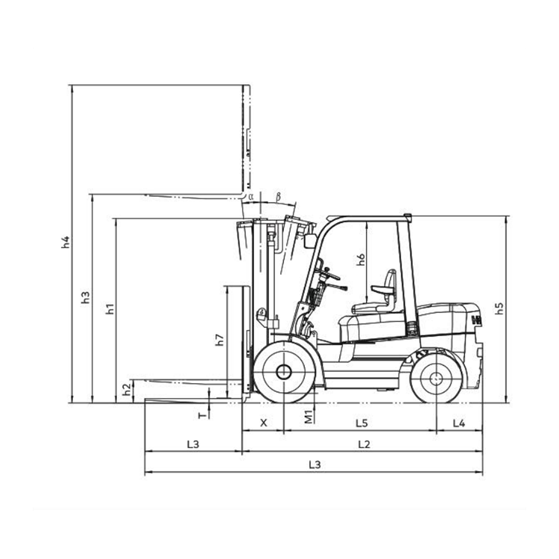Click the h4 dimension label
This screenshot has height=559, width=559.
66,242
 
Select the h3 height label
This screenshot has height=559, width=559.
86,297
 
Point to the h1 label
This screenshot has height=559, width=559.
110,309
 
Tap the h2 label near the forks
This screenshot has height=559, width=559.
127,390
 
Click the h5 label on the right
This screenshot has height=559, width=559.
499,309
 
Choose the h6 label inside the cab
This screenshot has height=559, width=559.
361,259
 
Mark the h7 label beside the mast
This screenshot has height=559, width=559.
220,340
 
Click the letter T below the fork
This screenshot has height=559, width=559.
202,415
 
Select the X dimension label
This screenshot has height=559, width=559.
263,423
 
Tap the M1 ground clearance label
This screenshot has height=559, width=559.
309,417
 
